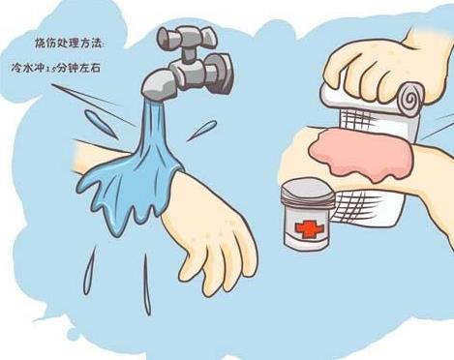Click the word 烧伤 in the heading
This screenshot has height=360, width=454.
pos(43,44)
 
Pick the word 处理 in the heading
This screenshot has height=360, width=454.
pos(69,44)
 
